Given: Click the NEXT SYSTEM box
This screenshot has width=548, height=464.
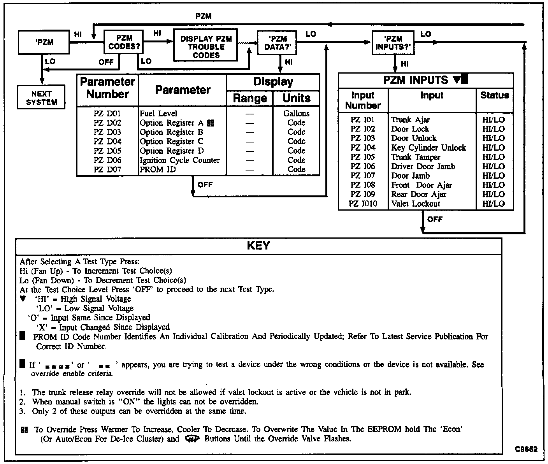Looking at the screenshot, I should [x=41, y=98].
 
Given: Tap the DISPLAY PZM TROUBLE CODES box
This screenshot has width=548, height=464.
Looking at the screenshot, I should [x=205, y=47].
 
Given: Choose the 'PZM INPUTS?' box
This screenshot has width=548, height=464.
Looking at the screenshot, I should [x=393, y=43].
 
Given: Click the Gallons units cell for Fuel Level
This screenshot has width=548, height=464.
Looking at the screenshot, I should [x=296, y=114].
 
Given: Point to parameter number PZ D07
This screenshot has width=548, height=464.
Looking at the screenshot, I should [x=107, y=170].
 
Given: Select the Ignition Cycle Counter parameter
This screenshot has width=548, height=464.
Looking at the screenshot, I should [x=180, y=160].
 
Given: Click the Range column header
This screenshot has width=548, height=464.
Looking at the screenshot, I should [x=249, y=98].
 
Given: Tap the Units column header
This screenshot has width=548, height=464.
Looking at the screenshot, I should [x=297, y=98].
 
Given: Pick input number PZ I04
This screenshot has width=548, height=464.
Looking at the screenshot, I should [x=363, y=148].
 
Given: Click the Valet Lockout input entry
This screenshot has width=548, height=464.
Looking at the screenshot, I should [x=416, y=204].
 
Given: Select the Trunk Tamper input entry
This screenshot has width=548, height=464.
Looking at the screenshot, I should [x=416, y=157].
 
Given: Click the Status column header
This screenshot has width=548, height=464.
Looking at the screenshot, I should [x=494, y=95].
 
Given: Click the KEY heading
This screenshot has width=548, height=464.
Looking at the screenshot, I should [x=258, y=246].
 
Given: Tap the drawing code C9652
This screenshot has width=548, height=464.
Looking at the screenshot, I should [x=526, y=449].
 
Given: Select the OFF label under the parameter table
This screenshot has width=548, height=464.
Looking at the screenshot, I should [x=205, y=185].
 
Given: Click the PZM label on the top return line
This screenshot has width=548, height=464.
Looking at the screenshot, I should [x=203, y=16].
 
